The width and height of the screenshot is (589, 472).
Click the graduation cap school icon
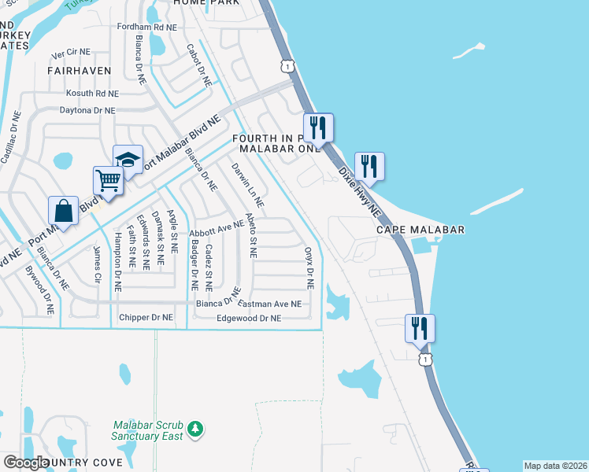128,160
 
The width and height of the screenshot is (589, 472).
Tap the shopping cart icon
108,180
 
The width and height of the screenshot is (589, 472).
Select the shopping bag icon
63,211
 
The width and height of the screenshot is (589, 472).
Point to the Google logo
26,463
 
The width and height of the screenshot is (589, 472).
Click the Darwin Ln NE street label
246,186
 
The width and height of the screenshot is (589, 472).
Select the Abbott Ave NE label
217,230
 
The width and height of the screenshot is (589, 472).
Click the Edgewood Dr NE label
249,319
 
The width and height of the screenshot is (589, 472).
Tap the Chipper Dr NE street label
146,318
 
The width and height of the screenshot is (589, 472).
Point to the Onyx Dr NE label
309,267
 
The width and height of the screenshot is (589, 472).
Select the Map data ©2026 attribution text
555,466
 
